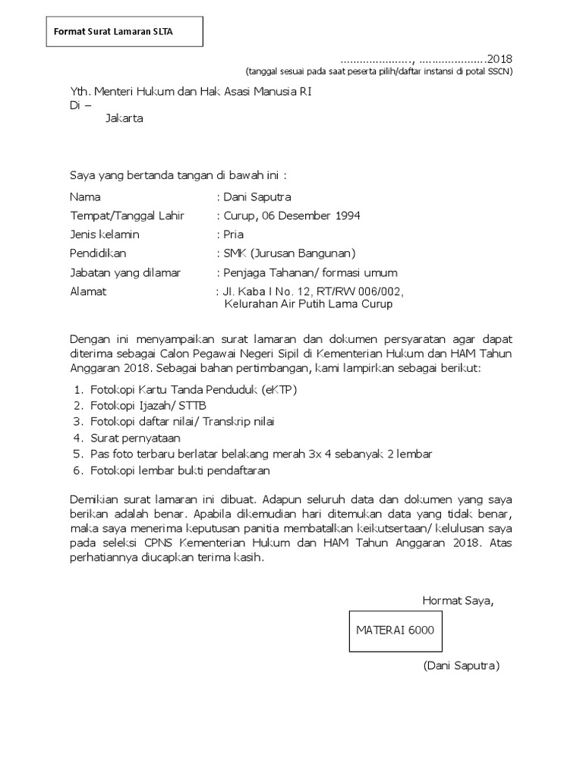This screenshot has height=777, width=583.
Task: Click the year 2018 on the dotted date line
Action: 499,58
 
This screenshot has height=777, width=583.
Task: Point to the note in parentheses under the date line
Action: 378,72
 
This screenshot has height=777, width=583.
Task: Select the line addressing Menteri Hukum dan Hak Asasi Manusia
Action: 191,92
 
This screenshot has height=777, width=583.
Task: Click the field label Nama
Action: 85,197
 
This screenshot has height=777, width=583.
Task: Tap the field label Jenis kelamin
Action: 105,234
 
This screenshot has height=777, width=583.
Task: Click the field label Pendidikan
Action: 98,253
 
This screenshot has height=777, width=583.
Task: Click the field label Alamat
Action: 88,291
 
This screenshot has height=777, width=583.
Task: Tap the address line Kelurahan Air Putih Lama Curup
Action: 309,305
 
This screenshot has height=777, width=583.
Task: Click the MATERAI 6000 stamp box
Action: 395,631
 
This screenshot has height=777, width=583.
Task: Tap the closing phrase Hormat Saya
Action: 458,601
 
